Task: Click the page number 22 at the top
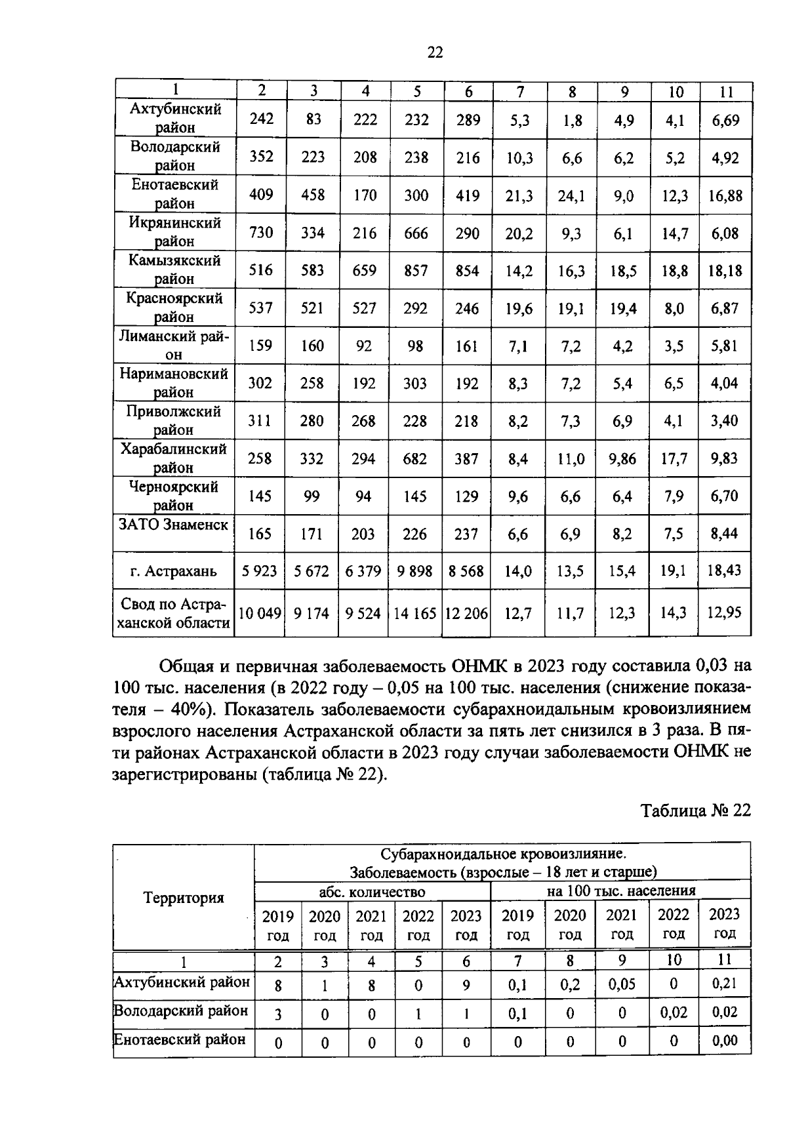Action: [435, 52]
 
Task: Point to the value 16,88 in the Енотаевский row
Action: [725, 195]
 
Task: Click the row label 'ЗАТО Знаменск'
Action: [174, 525]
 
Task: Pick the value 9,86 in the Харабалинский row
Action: [622, 458]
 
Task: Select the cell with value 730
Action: [261, 233]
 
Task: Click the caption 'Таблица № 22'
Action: [695, 810]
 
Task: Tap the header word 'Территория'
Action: [184, 898]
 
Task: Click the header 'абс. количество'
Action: [372, 892]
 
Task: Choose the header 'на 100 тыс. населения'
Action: [620, 891]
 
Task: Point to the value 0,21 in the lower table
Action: [724, 983]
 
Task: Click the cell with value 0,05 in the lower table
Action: [622, 984]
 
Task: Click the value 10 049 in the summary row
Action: [260, 613]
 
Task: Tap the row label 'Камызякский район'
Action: [174, 270]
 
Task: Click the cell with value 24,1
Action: [571, 195]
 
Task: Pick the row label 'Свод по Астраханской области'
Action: [174, 613]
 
